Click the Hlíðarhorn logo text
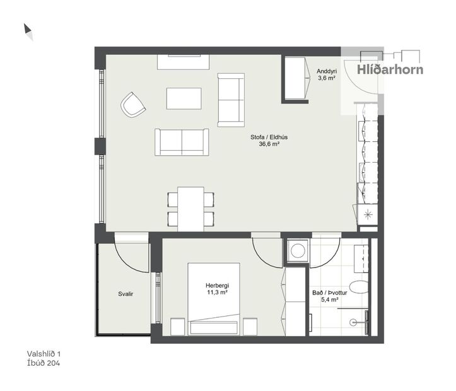pos(390,70)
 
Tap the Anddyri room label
pos(325,71)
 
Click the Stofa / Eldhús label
pos(269,136)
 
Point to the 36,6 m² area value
pos(269,144)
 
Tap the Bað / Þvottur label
pos(326,293)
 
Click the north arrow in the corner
pos(28,30)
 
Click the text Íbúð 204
pos(44,363)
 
